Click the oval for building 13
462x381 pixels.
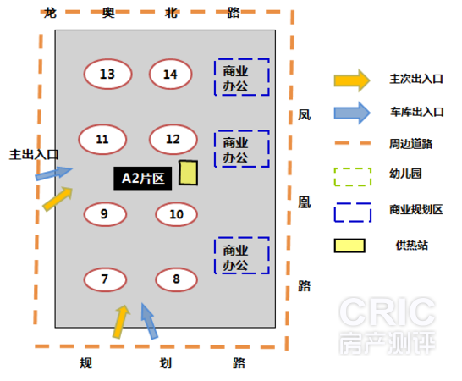point(107,74)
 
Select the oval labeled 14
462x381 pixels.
point(171,74)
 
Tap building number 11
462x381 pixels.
point(102,139)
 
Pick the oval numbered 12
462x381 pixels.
point(173,139)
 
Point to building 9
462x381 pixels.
point(105,214)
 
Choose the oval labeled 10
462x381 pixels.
point(176,214)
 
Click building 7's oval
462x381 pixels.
point(105,279)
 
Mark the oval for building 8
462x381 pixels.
point(176,279)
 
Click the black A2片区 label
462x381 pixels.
point(143,179)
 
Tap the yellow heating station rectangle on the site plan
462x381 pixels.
point(189,173)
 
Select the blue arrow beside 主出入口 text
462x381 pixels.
point(53,173)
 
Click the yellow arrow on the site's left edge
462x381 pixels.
point(58,198)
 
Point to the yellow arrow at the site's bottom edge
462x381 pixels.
point(121,322)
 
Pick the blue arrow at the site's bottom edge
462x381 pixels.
point(150,321)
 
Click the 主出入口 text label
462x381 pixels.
point(34,155)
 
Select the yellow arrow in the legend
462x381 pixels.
point(352,80)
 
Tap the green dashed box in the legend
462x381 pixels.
point(353,168)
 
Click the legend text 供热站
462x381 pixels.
point(411,246)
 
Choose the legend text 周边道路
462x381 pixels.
point(410,144)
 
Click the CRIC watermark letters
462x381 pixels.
point(388,312)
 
